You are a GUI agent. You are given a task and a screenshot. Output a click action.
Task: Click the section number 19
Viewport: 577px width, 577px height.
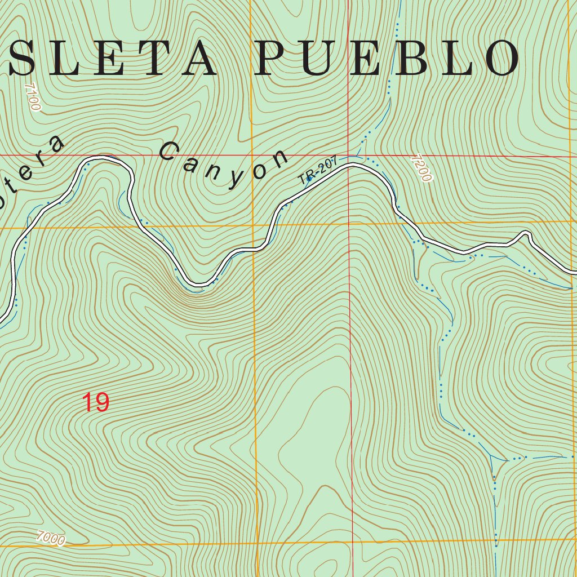[x=96, y=402]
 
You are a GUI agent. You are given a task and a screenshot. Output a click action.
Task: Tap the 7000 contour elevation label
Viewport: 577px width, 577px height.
[x=50, y=539]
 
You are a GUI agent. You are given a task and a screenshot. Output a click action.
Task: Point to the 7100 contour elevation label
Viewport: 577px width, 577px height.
[x=33, y=97]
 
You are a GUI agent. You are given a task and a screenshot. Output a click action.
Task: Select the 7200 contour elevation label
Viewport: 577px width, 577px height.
[x=421, y=168]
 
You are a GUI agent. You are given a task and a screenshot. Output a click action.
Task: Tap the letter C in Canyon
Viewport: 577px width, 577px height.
[x=169, y=152]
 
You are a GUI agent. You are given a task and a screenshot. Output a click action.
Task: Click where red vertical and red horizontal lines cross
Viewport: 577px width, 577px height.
[x=349, y=156]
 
